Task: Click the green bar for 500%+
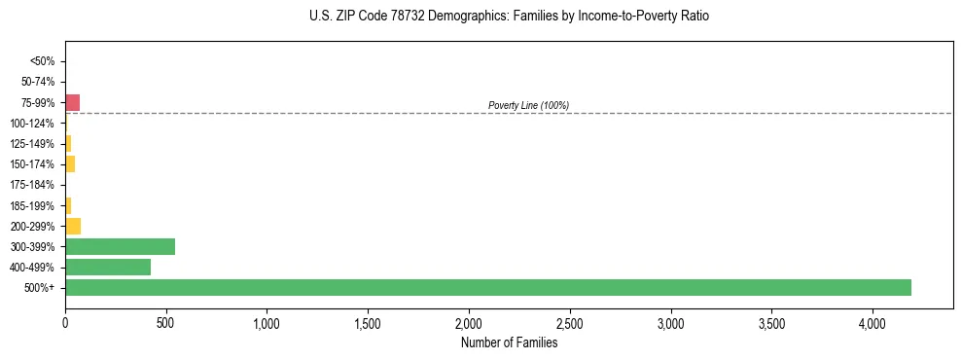pyautogui.click(x=487, y=287)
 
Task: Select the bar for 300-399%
pyautogui.click(x=120, y=246)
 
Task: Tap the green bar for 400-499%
pyautogui.click(x=108, y=267)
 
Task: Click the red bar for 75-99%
pyautogui.click(x=72, y=102)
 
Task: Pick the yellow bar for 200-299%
pyautogui.click(x=73, y=226)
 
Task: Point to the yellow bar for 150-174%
pyautogui.click(x=70, y=163)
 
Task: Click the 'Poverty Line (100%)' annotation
pyautogui.click(x=528, y=105)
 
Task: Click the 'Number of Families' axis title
pyautogui.click(x=509, y=342)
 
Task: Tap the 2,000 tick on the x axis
pyautogui.click(x=469, y=322)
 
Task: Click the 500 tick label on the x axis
pyautogui.click(x=166, y=322)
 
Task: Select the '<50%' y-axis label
pyautogui.click(x=43, y=61)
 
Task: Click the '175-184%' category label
pyautogui.click(x=33, y=185)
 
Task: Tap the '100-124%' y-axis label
pyautogui.click(x=33, y=124)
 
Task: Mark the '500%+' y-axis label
pyautogui.click(x=40, y=288)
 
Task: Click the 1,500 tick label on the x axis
pyautogui.click(x=368, y=322)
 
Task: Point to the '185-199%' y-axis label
pyautogui.click(x=33, y=205)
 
